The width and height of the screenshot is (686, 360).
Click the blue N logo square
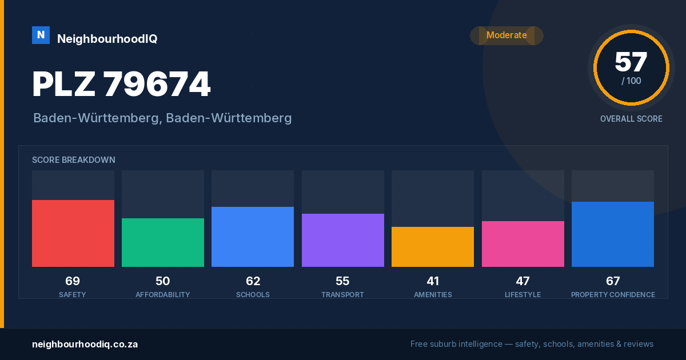click(41, 35)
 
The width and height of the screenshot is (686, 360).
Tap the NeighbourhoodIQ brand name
click(107, 39)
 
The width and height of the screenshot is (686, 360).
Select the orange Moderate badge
click(506, 35)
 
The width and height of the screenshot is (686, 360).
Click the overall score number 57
click(631, 62)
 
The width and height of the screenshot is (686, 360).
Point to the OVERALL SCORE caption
click(631, 119)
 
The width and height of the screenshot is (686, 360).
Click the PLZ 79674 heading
click(121, 84)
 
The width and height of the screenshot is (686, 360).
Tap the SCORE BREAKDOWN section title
click(74, 160)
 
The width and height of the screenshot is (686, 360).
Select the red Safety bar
click(73, 233)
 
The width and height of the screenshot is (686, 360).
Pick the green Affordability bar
click(163, 242)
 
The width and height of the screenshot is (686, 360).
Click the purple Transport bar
click(342, 241)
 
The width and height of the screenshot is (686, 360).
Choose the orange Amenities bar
click(433, 247)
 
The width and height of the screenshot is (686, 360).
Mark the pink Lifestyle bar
click(523, 244)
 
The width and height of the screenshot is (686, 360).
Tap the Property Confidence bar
click(613, 234)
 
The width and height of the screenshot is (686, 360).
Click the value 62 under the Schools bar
click(253, 281)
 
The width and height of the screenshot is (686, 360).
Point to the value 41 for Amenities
click(433, 281)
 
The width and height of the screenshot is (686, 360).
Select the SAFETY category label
click(73, 294)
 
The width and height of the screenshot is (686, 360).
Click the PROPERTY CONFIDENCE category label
click(613, 294)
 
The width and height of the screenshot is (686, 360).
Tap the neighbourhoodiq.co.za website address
click(85, 345)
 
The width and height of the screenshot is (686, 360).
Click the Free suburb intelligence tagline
click(532, 344)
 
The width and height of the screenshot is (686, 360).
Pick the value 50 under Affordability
click(162, 281)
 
